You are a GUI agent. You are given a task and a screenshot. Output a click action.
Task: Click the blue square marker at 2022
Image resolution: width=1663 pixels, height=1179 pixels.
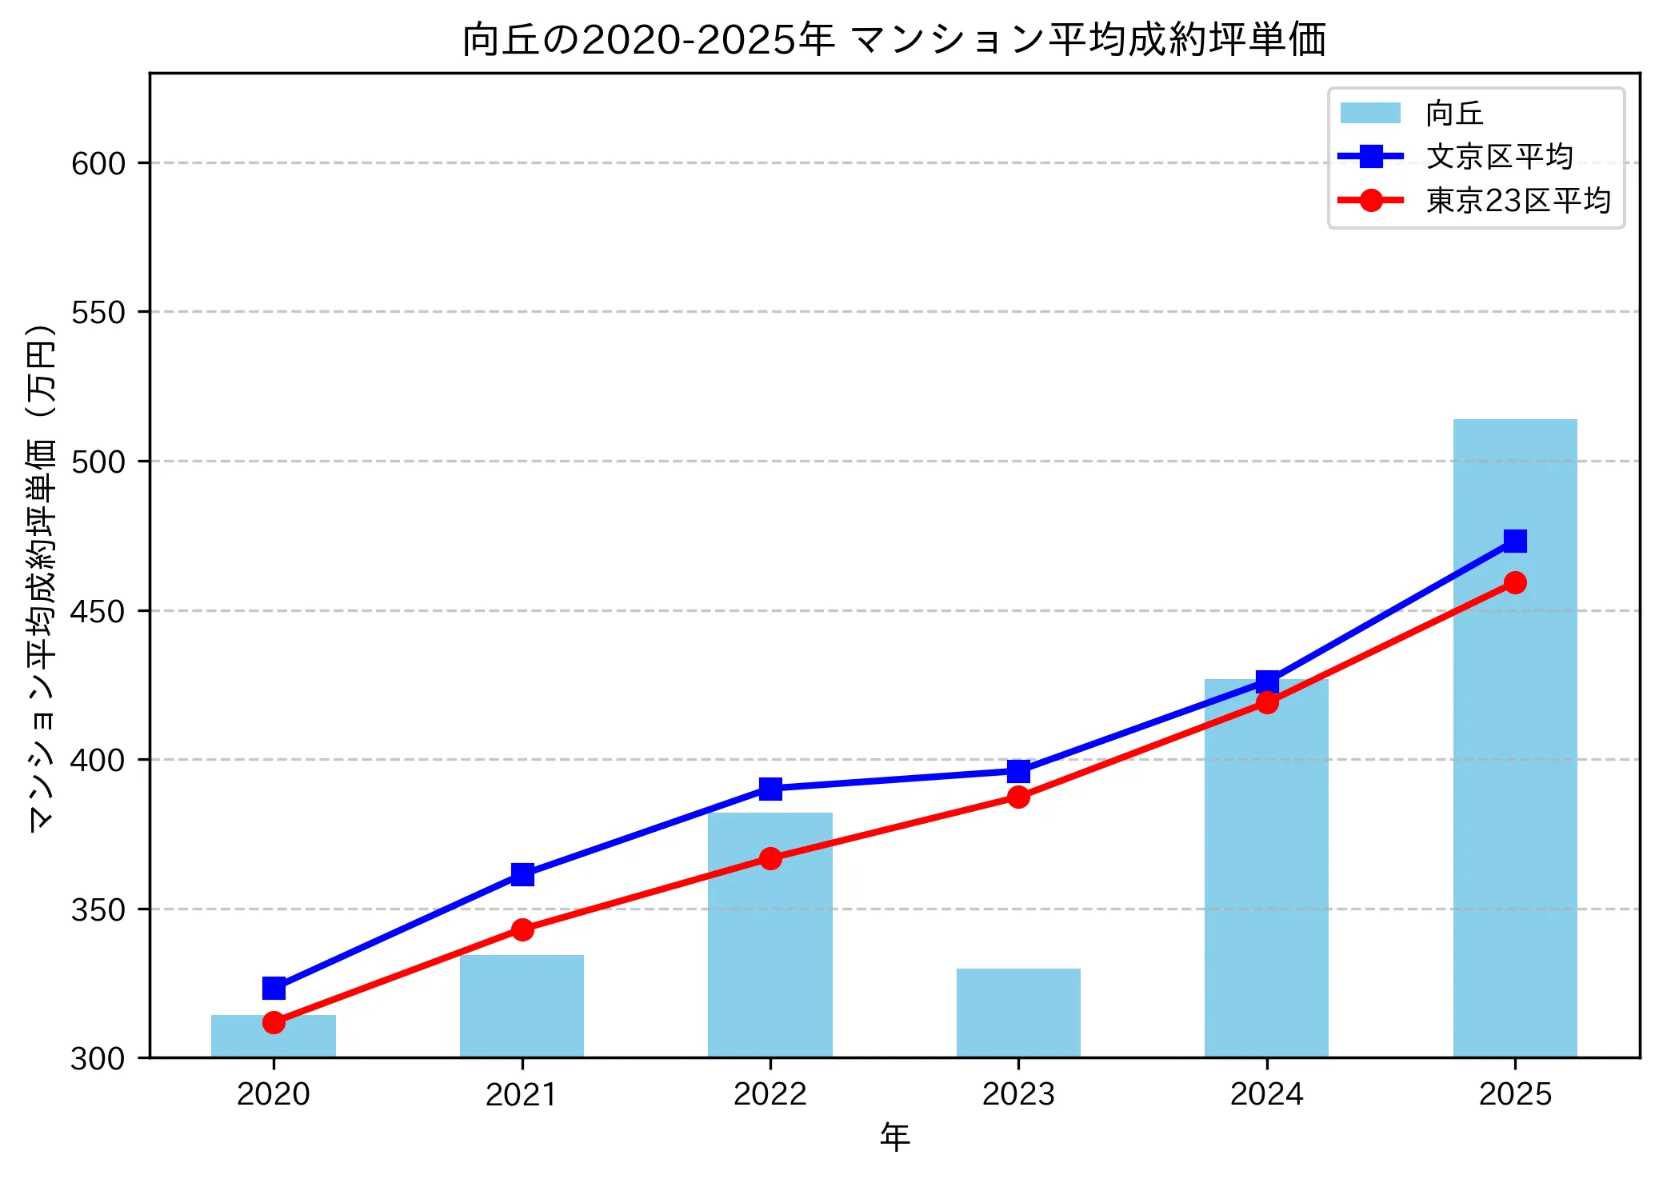pos(770,789)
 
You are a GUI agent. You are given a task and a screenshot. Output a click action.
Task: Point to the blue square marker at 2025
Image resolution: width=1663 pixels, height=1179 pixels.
pos(1514,542)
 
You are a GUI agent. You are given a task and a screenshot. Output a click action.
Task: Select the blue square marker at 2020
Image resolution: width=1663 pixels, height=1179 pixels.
pos(274,989)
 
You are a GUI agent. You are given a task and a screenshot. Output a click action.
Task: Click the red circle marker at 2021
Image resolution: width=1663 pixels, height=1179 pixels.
pos(522,929)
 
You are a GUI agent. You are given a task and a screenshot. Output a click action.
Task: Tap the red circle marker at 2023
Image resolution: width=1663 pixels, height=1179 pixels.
pos(1018,797)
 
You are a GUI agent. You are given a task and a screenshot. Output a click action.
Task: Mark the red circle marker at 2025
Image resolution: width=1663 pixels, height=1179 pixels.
pos(1514,582)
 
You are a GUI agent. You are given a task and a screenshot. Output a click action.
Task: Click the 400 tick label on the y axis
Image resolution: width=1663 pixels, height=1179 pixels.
pos(98,760)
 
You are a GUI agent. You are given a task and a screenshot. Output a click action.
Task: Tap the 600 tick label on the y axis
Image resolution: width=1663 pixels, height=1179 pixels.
pos(98,164)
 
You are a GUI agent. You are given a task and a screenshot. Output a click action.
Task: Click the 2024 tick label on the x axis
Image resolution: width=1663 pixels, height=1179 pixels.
pos(1266,1094)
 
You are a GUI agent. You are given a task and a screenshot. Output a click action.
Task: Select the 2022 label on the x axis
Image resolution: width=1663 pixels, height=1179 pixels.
pos(770,1094)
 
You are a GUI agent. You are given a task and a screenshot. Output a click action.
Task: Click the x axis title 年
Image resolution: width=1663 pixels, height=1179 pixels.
pos(894,1137)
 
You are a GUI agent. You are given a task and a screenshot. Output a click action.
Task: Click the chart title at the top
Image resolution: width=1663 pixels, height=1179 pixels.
pos(894,40)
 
